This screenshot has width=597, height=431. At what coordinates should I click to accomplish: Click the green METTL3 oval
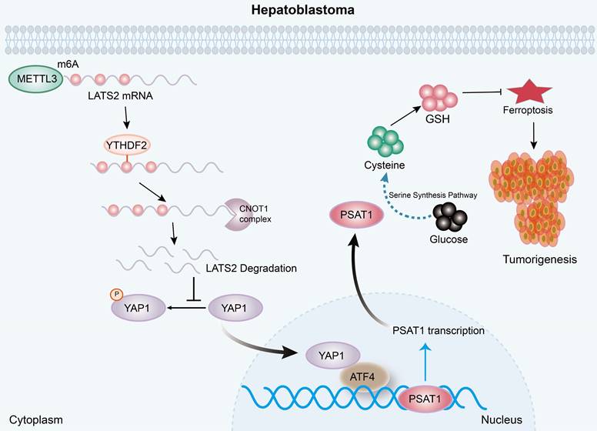[x=35, y=79]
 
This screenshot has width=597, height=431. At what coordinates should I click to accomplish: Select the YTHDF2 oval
[x=128, y=144]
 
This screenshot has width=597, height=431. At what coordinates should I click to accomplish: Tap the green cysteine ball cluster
[x=385, y=142]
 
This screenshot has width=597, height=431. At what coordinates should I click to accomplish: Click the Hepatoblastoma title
[x=299, y=11]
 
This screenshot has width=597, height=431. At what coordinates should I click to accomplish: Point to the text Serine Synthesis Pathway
[x=434, y=195]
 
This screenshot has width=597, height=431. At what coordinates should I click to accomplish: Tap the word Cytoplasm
[x=32, y=419]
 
